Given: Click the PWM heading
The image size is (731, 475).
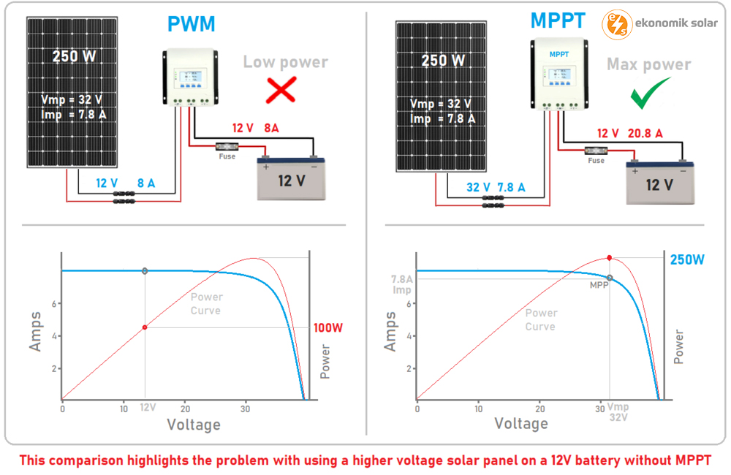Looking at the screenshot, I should click(192, 24).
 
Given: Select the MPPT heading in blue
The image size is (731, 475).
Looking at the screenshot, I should click(558, 20).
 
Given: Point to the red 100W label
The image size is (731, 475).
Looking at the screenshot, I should click(327, 328).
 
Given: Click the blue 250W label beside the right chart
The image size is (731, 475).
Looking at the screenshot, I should click(687, 259).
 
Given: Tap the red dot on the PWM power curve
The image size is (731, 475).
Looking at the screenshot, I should click(145, 327).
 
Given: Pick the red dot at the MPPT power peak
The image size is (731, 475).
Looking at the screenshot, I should click(610, 258).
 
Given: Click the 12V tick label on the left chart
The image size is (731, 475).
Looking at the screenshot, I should click(148, 407).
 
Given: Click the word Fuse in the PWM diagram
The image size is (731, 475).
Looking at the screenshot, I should click(227, 156).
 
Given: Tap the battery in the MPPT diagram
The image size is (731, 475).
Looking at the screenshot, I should click(659, 182).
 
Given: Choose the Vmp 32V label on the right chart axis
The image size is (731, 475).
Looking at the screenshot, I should click(618, 412).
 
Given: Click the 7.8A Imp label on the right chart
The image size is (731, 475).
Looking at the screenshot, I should click(401, 284).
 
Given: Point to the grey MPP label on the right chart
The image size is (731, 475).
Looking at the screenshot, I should click(599, 286).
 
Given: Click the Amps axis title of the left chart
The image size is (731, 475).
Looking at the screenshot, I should click(36, 331).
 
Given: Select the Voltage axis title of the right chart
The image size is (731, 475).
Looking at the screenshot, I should click(521, 424).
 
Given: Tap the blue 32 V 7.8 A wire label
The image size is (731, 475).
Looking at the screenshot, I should click(496, 188).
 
